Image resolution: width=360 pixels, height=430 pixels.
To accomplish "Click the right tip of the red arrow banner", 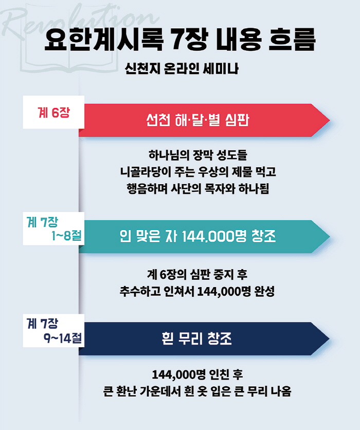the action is click(329, 120).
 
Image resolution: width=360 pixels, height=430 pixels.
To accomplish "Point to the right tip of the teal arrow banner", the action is click(329, 237).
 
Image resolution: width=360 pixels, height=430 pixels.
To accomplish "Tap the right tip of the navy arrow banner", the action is click(329, 338).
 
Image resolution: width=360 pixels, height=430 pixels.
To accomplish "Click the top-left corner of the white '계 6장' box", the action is click(23, 96).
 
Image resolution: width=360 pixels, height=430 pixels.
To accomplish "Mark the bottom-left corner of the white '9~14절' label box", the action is click(23, 347).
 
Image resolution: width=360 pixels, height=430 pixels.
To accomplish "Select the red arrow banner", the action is click(204, 120).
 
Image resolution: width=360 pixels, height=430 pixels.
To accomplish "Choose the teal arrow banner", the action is click(204, 237).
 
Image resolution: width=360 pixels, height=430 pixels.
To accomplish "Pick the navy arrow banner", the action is click(204, 338).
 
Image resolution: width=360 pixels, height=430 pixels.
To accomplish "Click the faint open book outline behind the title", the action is click(68, 58).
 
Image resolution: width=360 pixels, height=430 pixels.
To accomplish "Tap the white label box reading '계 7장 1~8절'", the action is click(53, 228).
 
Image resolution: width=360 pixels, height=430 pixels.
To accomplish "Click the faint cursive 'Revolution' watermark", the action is click(80, 22).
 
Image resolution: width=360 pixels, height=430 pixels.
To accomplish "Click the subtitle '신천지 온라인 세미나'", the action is click(181, 68).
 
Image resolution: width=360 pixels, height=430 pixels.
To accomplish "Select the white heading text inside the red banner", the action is click(197, 120).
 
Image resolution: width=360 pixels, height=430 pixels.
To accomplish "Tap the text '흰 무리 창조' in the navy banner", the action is click(196, 338).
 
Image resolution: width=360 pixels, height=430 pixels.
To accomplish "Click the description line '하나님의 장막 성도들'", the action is click(197, 155).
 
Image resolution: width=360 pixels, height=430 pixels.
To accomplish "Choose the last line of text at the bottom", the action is click(197, 391).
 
